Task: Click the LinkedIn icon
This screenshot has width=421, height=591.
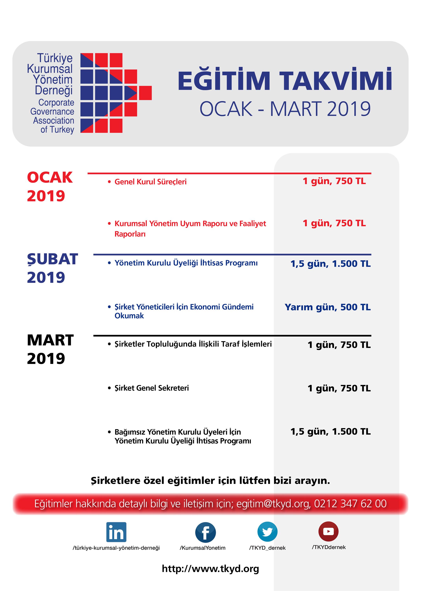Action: coord(116,532)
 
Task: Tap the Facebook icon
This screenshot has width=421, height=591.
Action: coord(205,532)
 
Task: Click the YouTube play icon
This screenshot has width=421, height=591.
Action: coord(328,531)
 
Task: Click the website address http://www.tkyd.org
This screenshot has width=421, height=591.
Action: coord(210,569)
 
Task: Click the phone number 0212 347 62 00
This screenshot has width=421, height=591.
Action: coord(350,504)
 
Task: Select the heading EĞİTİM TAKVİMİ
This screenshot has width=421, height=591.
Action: coord(285,80)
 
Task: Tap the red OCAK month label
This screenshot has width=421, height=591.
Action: coord(50,178)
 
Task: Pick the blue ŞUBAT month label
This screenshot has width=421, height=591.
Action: coord(52,259)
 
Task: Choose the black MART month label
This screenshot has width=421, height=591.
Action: coord(50,340)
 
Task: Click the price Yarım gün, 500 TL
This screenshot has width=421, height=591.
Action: coord(328,307)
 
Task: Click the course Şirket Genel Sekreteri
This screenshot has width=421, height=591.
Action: coord(152,388)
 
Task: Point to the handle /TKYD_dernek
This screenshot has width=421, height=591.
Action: coord(267,548)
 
